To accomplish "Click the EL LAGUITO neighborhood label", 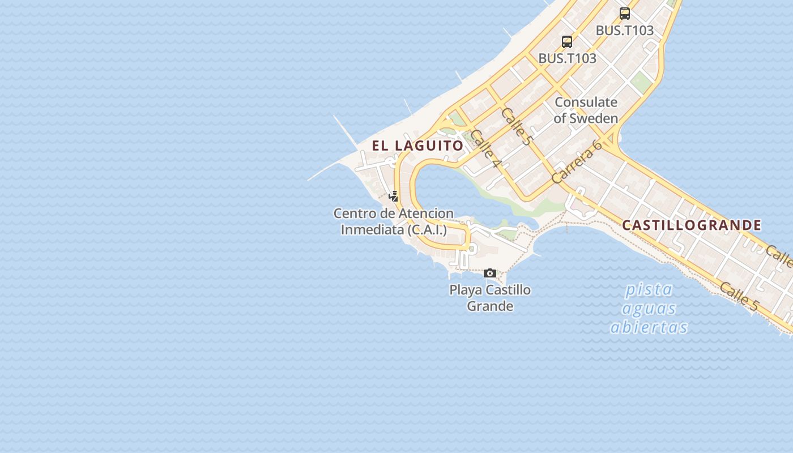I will click(x=417, y=146).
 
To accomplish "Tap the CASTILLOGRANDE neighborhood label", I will click(x=692, y=225).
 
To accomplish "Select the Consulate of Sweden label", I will click(x=586, y=110).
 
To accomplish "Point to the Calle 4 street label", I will click(x=486, y=149).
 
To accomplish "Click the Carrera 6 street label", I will click(x=576, y=161).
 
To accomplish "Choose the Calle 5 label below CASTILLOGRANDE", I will click(x=739, y=296).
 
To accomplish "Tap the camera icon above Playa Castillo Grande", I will click(x=490, y=273).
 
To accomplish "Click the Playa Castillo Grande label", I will click(x=490, y=298).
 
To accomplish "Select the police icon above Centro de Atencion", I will click(x=394, y=196).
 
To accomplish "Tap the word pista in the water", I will click(x=649, y=290).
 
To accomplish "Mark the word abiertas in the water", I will click(x=649, y=327).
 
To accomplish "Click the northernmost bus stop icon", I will click(x=625, y=14).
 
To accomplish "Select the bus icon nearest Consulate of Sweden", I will click(x=567, y=41).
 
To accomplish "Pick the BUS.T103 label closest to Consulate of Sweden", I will click(x=567, y=58).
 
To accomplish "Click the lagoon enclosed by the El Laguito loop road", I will click(x=447, y=193).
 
